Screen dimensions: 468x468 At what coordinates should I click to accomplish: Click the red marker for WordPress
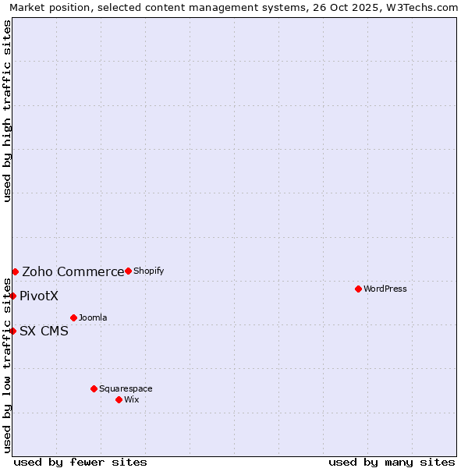tap(358, 289)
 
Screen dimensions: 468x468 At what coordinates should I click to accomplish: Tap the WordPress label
tap(385, 289)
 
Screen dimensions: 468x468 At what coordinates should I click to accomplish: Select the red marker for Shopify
tap(128, 271)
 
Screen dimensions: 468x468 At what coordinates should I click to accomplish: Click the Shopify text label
tap(148, 271)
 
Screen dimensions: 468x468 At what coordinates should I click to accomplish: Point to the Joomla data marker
tap(73, 317)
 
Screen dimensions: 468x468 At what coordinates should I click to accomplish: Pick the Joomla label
tap(93, 317)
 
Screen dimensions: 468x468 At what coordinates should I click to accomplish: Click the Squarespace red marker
tap(94, 388)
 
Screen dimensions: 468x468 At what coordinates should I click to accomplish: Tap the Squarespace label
tap(126, 388)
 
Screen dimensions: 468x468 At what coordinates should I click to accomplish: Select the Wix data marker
tap(119, 399)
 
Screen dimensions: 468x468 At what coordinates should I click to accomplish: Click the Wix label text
tap(131, 399)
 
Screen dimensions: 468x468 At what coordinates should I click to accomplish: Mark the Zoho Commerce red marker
tap(15, 271)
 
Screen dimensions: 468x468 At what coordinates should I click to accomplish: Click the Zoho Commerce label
tap(73, 271)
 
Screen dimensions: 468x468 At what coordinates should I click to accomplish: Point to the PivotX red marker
tap(13, 296)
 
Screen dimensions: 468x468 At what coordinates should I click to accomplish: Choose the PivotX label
tap(39, 296)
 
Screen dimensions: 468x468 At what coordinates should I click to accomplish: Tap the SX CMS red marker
tap(13, 331)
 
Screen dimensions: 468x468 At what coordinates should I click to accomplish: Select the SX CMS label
tap(44, 331)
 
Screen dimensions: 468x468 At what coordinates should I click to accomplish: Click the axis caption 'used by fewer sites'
tap(80, 462)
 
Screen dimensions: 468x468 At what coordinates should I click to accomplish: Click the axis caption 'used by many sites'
tap(392, 462)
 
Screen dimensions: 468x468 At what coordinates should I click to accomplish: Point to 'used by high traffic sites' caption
tap(8, 111)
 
